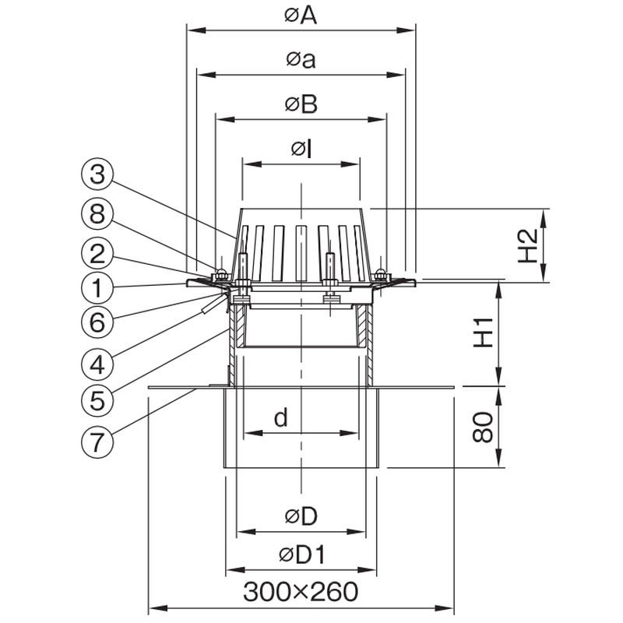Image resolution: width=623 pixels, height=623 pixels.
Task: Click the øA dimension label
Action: pos(301,16)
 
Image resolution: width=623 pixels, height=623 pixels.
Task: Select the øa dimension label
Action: pos(301,60)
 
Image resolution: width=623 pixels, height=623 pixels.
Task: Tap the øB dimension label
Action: pos(301,104)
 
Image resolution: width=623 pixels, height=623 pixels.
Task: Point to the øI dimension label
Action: pos(301,150)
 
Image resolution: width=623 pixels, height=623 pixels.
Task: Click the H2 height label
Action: pos(528,245)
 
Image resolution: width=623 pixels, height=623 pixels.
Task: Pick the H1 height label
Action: pos(483,333)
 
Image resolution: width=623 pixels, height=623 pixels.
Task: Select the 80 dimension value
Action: pos(483,427)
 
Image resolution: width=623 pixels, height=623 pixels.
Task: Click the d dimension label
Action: pos(281,418)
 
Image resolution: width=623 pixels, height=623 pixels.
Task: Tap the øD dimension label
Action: pos(301,516)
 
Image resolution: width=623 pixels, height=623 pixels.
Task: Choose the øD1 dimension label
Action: pos(302,554)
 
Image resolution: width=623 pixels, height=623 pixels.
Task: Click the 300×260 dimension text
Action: pos(301,592)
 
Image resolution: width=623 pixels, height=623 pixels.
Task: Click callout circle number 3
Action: pos(97,174)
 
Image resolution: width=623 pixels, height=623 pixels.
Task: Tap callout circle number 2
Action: pos(97,254)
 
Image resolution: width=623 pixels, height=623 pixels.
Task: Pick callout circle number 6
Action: pos(97,322)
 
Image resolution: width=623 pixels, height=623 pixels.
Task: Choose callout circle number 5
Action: pos(97,400)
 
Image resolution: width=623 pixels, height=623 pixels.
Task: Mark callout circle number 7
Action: pos(97,442)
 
